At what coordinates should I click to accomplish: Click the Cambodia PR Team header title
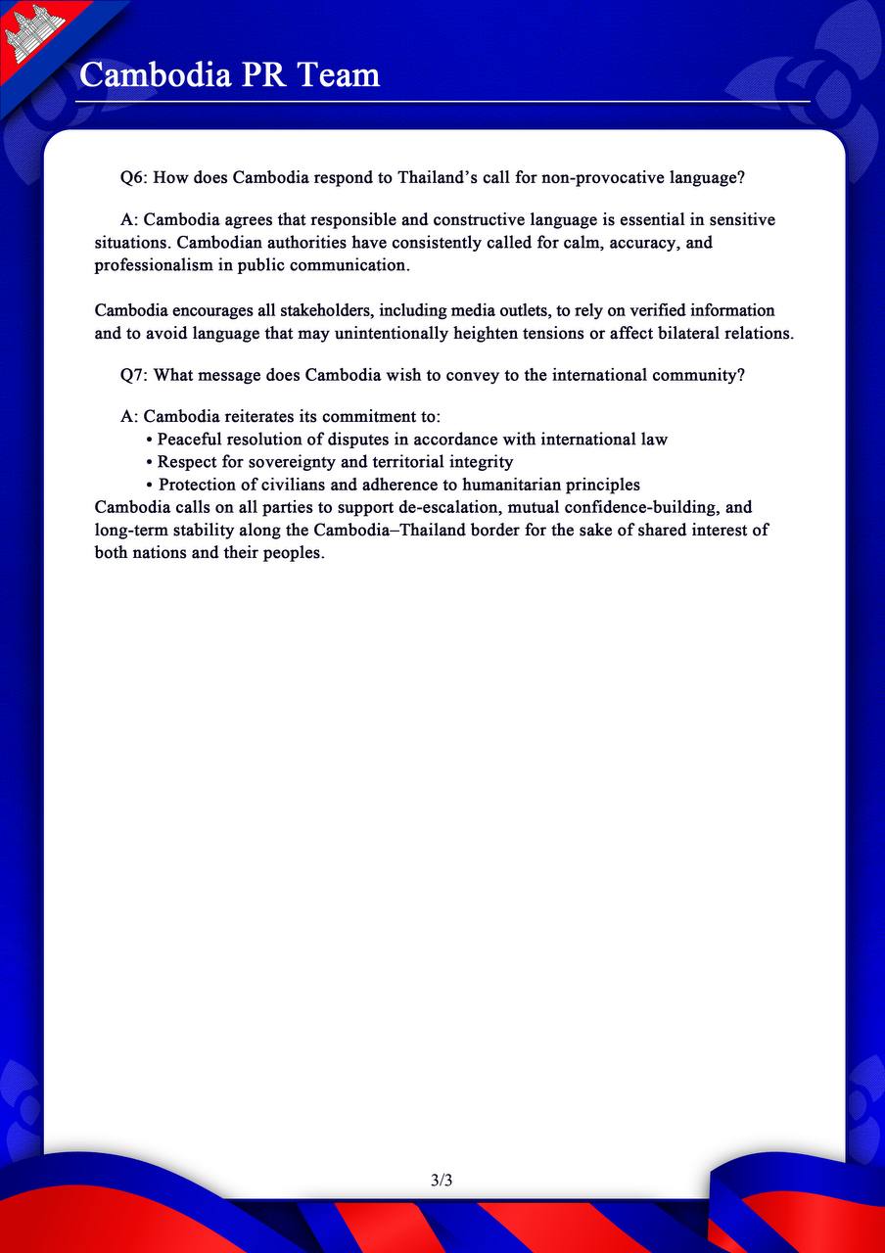[229, 74]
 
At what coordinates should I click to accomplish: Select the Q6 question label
[133, 177]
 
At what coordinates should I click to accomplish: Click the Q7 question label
[133, 375]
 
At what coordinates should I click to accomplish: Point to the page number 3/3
[442, 1180]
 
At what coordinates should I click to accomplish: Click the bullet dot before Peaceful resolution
[149, 440]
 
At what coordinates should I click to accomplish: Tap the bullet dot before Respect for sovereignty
[149, 462]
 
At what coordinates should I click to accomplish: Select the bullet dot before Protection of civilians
[149, 485]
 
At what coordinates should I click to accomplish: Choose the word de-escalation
[444, 507]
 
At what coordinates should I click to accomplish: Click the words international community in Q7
[648, 375]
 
